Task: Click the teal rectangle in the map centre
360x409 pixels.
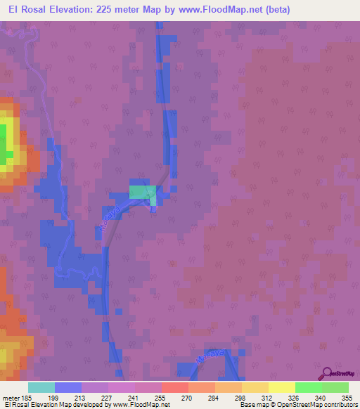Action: click(x=143, y=193)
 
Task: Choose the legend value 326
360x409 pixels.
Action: click(x=295, y=397)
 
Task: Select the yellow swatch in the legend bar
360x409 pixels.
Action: click(x=281, y=387)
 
